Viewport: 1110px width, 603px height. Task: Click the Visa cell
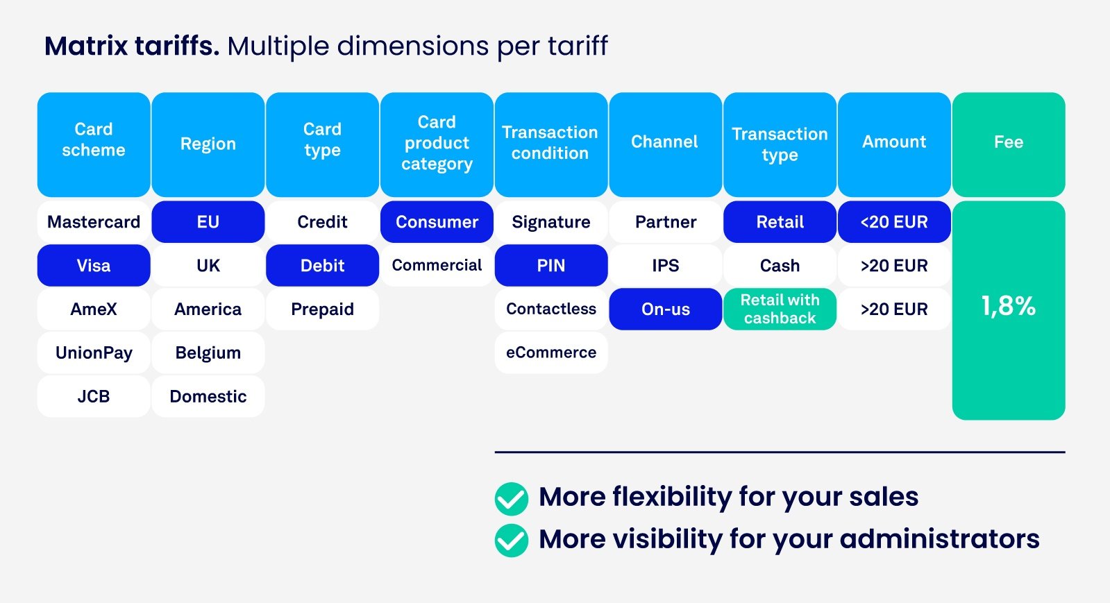[x=94, y=265]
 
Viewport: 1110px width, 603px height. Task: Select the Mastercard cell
[x=94, y=222]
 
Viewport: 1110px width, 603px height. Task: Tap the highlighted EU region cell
[x=208, y=222]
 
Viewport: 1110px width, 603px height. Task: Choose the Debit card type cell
[x=322, y=265]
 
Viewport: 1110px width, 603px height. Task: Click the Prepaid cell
[x=322, y=309]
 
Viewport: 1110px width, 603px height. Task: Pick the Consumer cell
[x=437, y=222]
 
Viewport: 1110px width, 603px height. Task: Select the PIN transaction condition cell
[x=551, y=265]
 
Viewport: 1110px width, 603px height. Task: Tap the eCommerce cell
[x=551, y=353]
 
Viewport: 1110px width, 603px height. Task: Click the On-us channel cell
[x=665, y=309]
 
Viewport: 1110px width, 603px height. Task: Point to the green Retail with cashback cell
[x=780, y=309]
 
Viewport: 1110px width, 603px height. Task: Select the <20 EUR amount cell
[x=894, y=222]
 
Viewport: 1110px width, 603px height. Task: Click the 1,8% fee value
[x=1008, y=306]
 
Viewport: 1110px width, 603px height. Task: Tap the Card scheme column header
[x=94, y=144]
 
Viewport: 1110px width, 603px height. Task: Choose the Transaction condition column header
[x=551, y=144]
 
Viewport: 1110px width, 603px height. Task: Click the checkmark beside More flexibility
[x=512, y=498]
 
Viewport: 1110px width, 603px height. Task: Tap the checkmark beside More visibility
[x=512, y=541]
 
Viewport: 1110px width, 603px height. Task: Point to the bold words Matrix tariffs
[x=132, y=46]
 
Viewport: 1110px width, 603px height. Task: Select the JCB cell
[x=94, y=396]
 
